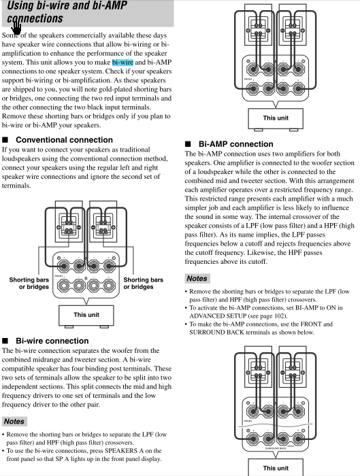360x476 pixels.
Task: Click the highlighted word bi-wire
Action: [x=122, y=63]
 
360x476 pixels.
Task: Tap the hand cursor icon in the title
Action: [x=16, y=29]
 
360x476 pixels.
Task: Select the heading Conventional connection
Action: [x=64, y=140]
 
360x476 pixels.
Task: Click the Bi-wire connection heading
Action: [x=52, y=341]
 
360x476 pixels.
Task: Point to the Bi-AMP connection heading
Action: [x=235, y=144]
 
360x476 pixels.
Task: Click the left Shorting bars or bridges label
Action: [x=29, y=284]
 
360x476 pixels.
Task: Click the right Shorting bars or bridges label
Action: [x=144, y=284]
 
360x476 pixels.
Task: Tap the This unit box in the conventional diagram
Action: [x=86, y=315]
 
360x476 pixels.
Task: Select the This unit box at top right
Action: [x=276, y=118]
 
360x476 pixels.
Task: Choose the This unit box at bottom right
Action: [x=276, y=467]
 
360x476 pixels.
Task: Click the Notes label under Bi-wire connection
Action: [x=14, y=422]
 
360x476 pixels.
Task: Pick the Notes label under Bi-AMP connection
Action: [x=197, y=278]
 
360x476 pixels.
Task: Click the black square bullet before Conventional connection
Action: [x=5, y=140]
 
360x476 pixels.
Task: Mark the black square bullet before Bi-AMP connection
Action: [x=188, y=144]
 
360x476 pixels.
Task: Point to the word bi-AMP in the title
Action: [x=110, y=5]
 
